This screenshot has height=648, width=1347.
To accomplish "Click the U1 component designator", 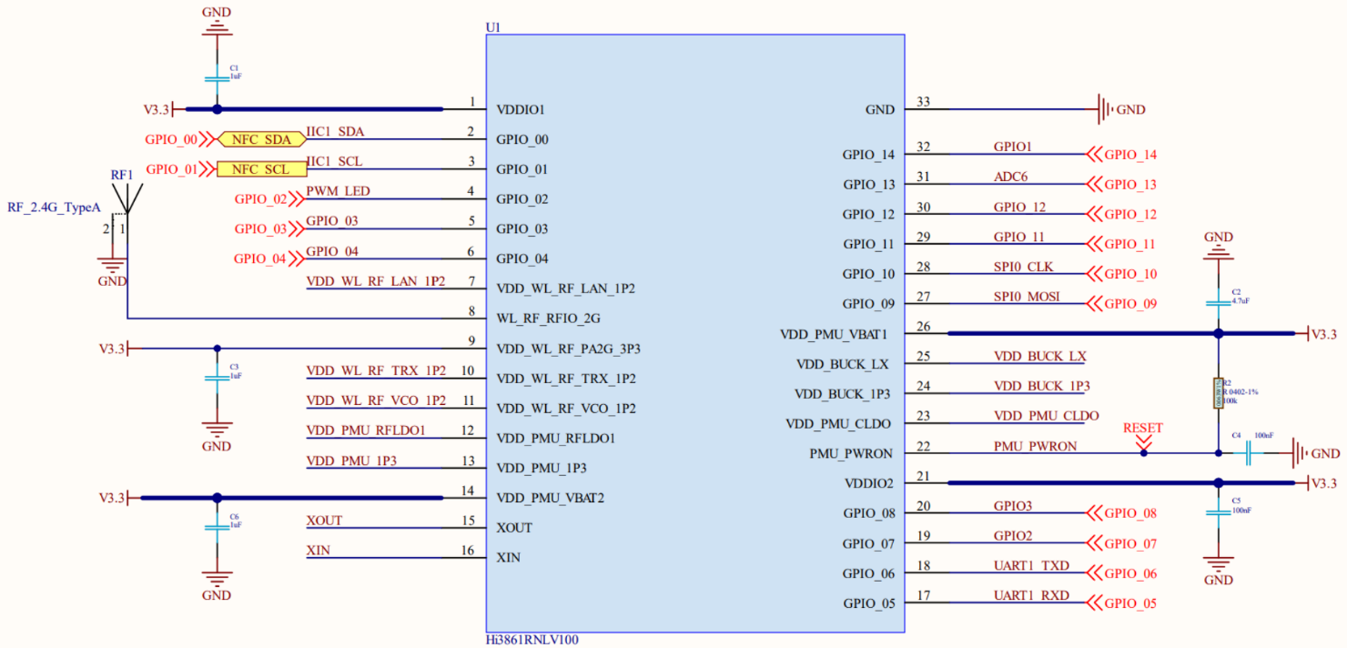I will click(493, 27).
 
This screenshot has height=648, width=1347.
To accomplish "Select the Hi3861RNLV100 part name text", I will click(532, 640).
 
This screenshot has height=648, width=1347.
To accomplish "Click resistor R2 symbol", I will click(1218, 393).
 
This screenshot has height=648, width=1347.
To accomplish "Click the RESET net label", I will click(1142, 428).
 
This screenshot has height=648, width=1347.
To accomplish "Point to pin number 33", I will click(924, 102).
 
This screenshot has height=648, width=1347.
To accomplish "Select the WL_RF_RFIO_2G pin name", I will click(548, 319).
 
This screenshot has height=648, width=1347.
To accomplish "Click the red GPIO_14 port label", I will click(1129, 155).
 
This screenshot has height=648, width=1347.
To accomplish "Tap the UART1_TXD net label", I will click(1031, 566).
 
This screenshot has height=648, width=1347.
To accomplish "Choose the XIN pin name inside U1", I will click(509, 557).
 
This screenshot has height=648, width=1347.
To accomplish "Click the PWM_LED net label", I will click(338, 191).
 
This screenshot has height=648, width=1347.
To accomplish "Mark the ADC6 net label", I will click(1010, 177).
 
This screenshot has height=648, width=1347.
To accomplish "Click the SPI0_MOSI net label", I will click(1027, 297).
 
